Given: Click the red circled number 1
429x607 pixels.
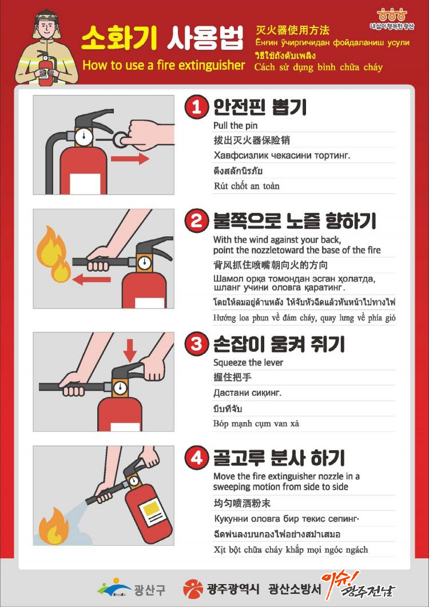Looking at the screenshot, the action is click(x=196, y=107).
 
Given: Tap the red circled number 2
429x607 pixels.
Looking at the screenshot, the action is click(x=196, y=221).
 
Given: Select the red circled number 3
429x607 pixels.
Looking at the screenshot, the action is click(x=196, y=344).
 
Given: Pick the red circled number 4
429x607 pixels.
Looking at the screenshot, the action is click(x=196, y=458).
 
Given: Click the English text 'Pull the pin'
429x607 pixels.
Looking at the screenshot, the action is click(x=236, y=125).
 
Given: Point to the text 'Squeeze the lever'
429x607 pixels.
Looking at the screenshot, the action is click(x=248, y=363).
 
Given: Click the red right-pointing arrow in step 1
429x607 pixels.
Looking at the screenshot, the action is click(x=130, y=158).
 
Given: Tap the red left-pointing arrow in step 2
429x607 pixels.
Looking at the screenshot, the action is click(x=92, y=279).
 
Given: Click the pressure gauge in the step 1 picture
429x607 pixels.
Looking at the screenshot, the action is click(x=84, y=136).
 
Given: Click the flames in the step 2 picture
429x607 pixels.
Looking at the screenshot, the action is click(x=53, y=254).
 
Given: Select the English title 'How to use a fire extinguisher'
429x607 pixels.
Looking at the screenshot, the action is click(x=164, y=65).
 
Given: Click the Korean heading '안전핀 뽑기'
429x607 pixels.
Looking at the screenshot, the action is click(x=260, y=107).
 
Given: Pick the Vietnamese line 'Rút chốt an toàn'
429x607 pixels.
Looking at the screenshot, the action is click(x=247, y=186).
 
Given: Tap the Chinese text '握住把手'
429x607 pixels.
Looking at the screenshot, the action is click(x=232, y=378).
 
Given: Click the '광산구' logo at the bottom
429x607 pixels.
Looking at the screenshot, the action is click(x=131, y=589).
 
